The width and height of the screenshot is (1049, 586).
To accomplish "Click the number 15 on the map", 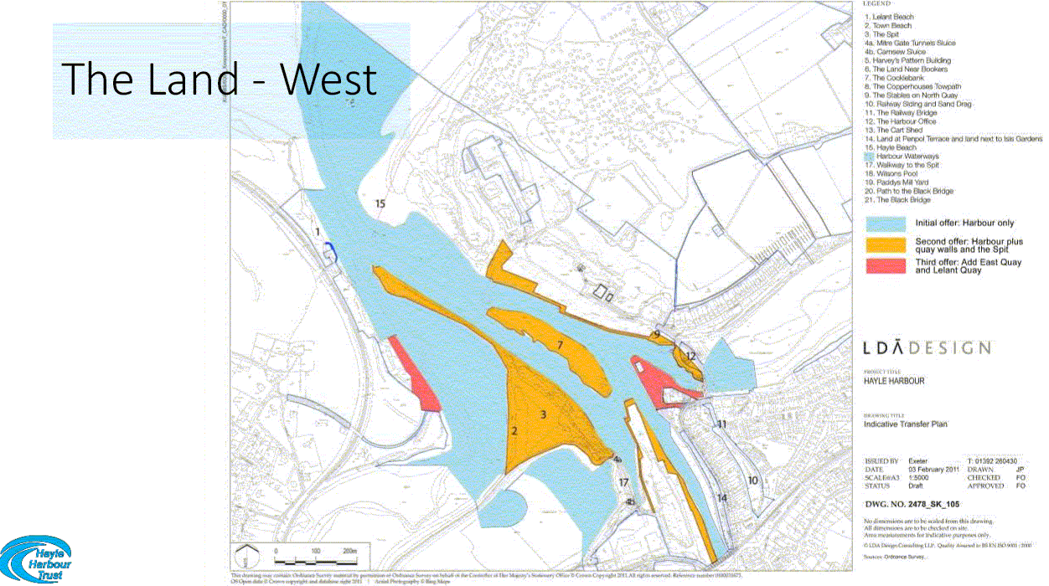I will (x=380, y=203).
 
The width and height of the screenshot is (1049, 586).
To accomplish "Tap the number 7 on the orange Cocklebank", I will (x=560, y=344).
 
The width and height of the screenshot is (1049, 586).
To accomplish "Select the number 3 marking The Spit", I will (x=543, y=414).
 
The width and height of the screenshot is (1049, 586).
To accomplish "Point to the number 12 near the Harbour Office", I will (x=690, y=356).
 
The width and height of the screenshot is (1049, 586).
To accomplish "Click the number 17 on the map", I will (x=623, y=482).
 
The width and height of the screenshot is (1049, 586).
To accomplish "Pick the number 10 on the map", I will (x=752, y=481).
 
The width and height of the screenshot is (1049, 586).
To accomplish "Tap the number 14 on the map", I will (x=722, y=498).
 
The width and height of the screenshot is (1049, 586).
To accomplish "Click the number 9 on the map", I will (x=658, y=335).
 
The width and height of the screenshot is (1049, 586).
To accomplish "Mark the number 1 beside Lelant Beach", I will (x=318, y=230).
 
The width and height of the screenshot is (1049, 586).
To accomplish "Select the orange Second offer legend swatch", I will (x=886, y=245).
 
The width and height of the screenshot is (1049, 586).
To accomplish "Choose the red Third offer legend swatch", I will (x=886, y=266).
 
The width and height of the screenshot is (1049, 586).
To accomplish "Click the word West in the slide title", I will (x=328, y=80).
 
